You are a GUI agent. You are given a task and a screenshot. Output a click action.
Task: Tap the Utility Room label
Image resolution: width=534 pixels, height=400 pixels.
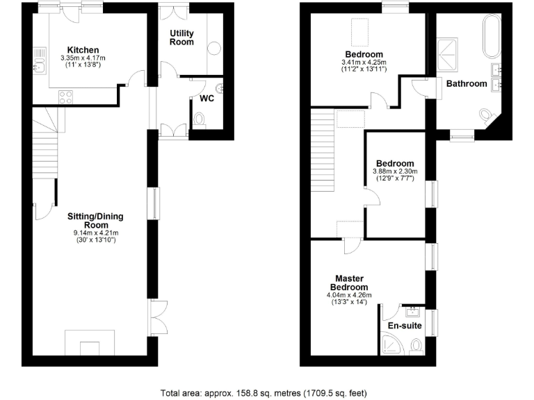181,37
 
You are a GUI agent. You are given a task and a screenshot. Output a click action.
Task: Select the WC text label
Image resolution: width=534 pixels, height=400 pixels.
207,98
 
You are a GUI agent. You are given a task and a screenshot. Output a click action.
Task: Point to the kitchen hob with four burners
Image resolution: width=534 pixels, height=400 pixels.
67,97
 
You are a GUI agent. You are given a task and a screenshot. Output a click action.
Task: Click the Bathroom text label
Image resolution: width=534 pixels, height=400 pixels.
466,84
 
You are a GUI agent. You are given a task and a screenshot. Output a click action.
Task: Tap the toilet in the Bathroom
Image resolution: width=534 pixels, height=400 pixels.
487,115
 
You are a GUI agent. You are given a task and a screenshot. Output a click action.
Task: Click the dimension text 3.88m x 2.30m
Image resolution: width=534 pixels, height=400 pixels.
394,171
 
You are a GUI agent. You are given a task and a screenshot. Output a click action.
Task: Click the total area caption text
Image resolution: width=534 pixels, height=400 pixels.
264,393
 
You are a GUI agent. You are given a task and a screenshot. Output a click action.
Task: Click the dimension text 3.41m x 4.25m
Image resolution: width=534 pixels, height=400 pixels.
364,62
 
